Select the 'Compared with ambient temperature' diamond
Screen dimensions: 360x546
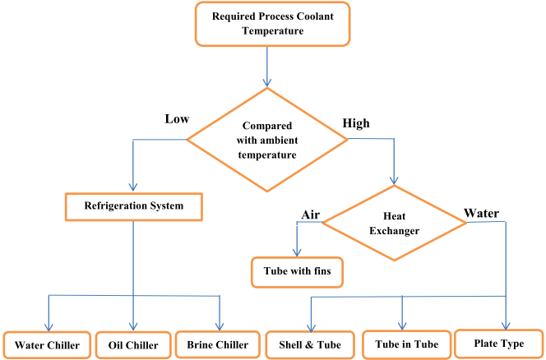(x=268, y=140)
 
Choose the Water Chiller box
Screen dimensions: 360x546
(x=47, y=345)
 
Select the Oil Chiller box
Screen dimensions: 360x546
(x=133, y=345)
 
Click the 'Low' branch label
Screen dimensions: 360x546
(x=177, y=119)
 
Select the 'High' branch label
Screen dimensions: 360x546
(x=355, y=124)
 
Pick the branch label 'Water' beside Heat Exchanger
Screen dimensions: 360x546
(x=482, y=213)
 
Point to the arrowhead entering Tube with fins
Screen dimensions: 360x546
(x=298, y=252)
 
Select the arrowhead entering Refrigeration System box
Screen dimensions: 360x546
(x=132, y=187)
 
